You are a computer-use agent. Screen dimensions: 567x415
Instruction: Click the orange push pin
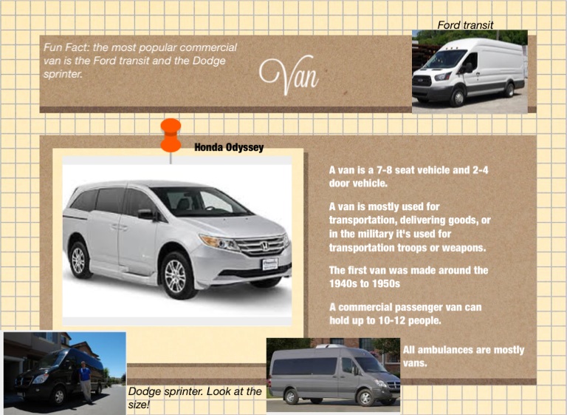pyautogui.click(x=171, y=135)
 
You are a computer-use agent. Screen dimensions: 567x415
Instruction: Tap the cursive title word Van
pyautogui.click(x=289, y=75)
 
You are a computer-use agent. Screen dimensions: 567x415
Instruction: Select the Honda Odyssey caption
pyautogui.click(x=229, y=147)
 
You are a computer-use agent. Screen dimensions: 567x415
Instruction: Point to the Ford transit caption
pyautogui.click(x=465, y=24)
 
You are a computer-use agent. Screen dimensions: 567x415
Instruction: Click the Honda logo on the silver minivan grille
pyautogui.click(x=264, y=246)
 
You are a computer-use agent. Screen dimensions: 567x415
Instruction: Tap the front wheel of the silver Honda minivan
pyautogui.click(x=176, y=276)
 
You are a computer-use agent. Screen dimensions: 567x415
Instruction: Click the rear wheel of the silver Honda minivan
pyautogui.click(x=78, y=260)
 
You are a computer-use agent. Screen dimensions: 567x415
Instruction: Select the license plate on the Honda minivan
pyautogui.click(x=270, y=263)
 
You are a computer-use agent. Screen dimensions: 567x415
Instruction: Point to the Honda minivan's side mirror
pyautogui.click(x=146, y=215)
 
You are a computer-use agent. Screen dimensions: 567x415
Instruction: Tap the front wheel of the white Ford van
pyautogui.click(x=458, y=97)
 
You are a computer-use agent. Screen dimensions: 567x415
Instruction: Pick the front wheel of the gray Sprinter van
pyautogui.click(x=365, y=397)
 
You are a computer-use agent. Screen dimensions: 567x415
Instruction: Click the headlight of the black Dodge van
pyautogui.click(x=40, y=379)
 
